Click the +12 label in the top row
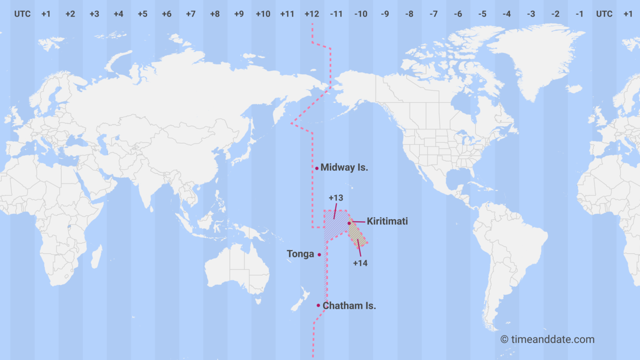311,14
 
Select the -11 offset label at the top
336,14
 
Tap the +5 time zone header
142,14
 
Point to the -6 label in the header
458,14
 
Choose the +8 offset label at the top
214,14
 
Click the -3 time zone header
531,14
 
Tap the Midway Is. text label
345,167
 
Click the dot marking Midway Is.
317,168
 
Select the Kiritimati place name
387,221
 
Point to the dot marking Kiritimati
349,223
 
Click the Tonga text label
300,254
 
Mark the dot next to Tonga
319,254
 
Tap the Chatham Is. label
350,306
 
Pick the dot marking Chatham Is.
318,306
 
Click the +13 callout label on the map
336,198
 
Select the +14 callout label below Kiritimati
361,262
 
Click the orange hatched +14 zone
357,235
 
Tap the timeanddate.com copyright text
547,339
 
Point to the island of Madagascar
96,257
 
